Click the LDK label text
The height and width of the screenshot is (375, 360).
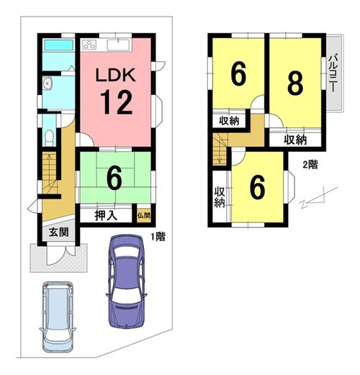(x=116, y=75)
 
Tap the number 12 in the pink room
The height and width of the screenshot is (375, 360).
(x=117, y=102)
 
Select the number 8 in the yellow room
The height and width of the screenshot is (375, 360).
(x=295, y=83)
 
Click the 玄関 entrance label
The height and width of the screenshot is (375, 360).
(x=59, y=232)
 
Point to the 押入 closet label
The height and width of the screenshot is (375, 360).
(x=106, y=215)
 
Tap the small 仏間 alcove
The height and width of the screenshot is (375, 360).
(x=144, y=215)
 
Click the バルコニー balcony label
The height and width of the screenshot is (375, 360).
(x=333, y=73)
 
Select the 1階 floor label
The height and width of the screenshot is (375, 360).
(x=158, y=237)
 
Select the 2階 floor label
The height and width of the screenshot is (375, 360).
(x=310, y=165)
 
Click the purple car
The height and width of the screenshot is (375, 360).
(x=127, y=281)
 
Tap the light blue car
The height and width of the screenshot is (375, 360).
(x=58, y=317)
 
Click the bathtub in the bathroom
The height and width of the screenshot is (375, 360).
(x=58, y=45)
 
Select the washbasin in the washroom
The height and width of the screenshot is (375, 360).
(x=48, y=83)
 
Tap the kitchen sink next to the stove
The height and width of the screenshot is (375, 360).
(x=119, y=45)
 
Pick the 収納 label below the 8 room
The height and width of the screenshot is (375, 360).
(x=295, y=140)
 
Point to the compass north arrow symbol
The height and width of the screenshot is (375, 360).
(x=318, y=197)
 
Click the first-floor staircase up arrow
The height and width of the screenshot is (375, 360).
(x=49, y=168)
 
